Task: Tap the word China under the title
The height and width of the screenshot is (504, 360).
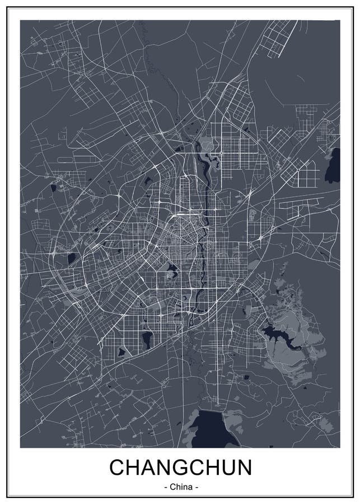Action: coord(180,487)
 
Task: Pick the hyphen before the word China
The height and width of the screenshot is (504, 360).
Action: coord(165,487)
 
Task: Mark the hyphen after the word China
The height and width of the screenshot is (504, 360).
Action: coord(197,487)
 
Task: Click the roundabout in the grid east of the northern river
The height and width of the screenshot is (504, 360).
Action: coord(221,152)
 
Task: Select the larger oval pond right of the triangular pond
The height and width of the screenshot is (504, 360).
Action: coord(147,338)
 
